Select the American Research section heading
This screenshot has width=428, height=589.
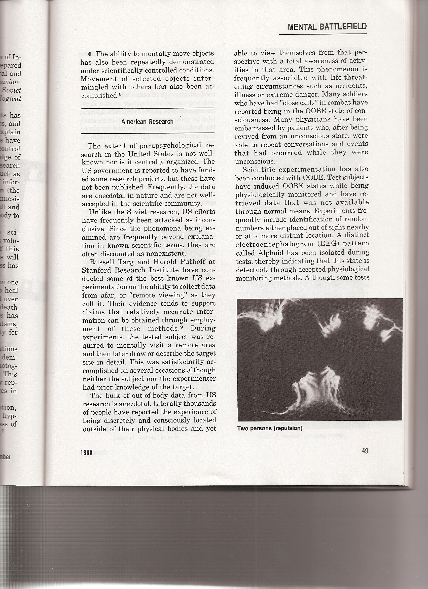point(147,121)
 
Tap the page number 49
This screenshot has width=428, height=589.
point(365,451)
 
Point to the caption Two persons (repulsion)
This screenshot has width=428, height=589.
point(270,428)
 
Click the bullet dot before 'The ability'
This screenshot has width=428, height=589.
point(90,54)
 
